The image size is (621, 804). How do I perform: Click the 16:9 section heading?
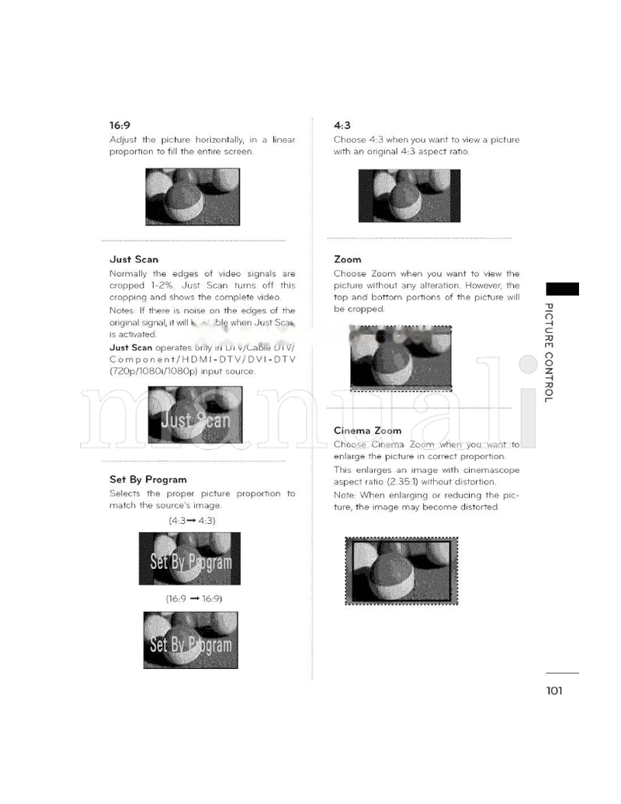point(120,125)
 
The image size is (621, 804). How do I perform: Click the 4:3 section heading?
point(342,125)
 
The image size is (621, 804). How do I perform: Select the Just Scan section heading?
point(134,259)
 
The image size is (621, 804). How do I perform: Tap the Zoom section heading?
point(347,259)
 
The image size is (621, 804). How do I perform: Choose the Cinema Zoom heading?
point(367,431)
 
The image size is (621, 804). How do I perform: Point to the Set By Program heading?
point(147,480)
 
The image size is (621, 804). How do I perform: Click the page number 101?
point(553,691)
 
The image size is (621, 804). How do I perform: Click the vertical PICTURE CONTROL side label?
point(549,352)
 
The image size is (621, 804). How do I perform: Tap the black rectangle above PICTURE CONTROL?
point(562,289)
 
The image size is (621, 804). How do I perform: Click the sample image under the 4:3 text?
point(409,196)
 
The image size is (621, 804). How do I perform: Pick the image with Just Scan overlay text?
point(195,415)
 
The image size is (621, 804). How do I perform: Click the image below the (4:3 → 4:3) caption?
point(189,559)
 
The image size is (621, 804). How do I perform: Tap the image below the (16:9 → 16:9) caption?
point(190,640)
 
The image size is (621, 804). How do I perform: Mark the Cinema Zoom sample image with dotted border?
point(401,570)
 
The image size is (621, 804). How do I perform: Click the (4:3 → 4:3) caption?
point(192,521)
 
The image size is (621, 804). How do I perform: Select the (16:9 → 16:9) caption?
point(194,598)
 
